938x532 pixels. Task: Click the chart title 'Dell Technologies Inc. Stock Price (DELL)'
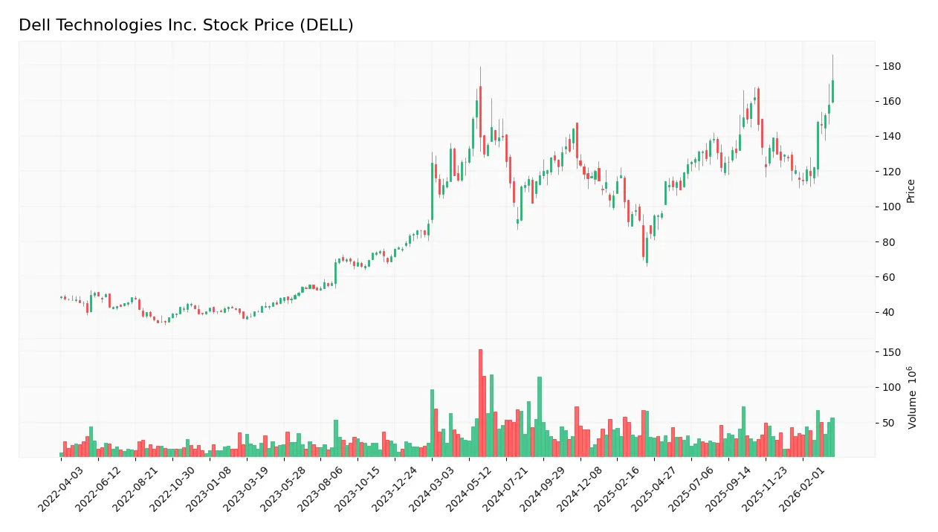186,25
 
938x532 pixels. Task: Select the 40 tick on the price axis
888,313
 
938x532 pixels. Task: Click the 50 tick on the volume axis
888,423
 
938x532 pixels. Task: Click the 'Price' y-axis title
910,191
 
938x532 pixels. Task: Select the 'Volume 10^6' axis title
912,398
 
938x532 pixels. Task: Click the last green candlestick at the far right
832,91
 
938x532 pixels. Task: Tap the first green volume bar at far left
61,454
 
